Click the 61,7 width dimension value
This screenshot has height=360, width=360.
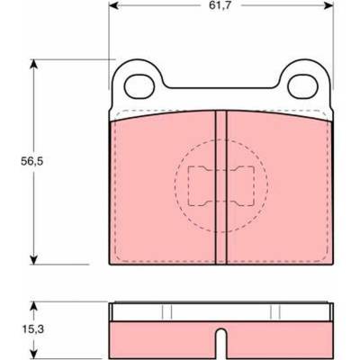pyautogui.click(x=220, y=5)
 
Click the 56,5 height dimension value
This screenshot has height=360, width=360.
pyautogui.click(x=32, y=161)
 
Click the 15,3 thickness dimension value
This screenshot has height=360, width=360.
pyautogui.click(x=33, y=329)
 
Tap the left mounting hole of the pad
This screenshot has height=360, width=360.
pyautogui.click(x=139, y=86)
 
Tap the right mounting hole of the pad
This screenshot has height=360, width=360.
pyautogui.click(x=302, y=86)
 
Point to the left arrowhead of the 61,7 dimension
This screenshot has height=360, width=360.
pyautogui.click(x=113, y=5)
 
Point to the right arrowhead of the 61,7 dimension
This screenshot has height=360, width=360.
pyautogui.click(x=328, y=5)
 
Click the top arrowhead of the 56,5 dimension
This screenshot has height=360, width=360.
pyautogui.click(x=34, y=64)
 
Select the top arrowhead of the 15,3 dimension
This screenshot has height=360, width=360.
pyautogui.click(x=34, y=306)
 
